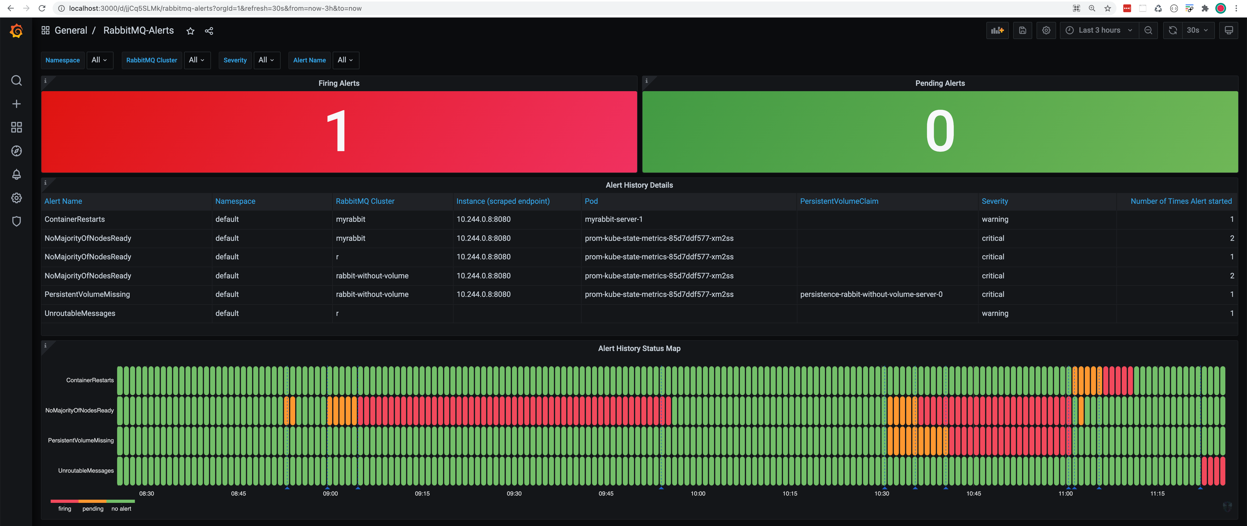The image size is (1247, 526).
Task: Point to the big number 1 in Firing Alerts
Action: click(336, 131)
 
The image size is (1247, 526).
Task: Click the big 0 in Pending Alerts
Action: click(940, 131)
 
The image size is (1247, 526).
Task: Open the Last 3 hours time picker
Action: click(1099, 30)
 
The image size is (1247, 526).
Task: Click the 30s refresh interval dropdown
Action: click(1197, 30)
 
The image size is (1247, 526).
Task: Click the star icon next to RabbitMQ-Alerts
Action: click(190, 31)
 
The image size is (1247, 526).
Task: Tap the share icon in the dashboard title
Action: click(209, 31)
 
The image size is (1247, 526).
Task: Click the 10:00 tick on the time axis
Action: click(698, 494)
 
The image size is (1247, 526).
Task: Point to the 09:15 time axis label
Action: click(422, 494)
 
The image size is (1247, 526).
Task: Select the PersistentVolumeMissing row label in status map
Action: click(81, 440)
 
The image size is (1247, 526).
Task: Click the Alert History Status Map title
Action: click(639, 348)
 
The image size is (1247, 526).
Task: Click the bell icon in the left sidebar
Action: click(17, 174)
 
